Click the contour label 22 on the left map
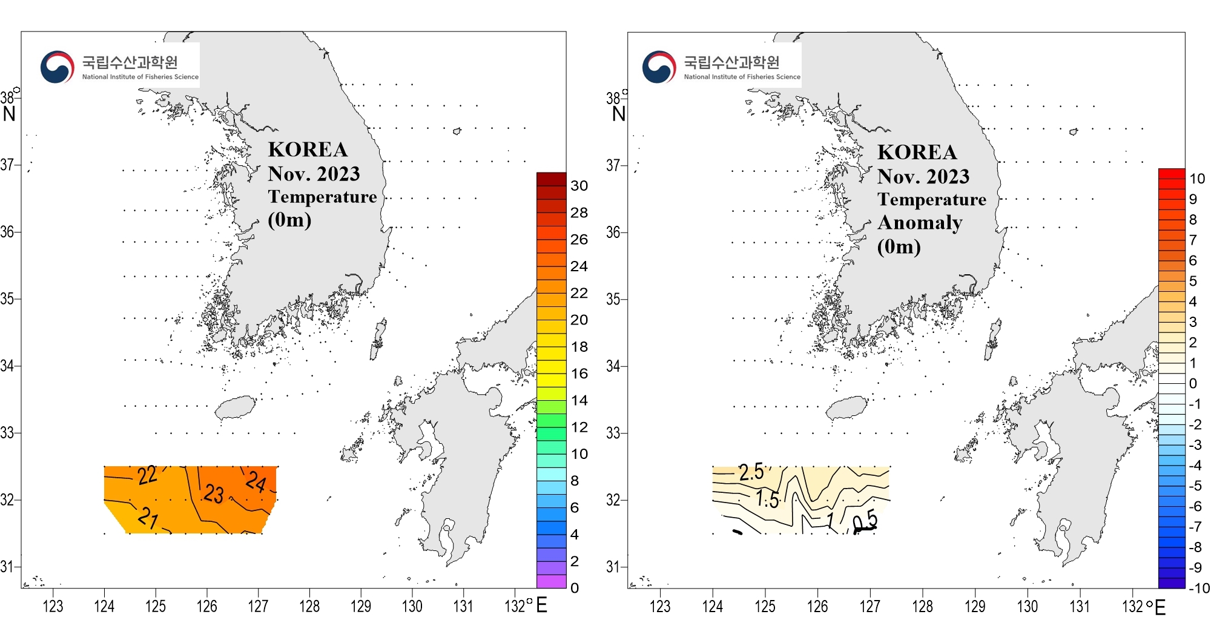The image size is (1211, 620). [x=147, y=475]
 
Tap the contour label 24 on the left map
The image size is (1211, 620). [x=256, y=482]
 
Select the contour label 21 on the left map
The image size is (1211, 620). [x=148, y=518]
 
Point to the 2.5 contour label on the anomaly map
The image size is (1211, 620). [x=751, y=472]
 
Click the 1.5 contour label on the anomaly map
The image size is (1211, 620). [x=767, y=500]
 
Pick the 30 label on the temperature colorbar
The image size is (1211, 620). [x=579, y=186]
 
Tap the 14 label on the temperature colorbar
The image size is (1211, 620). [x=579, y=400]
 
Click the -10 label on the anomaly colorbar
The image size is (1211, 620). [x=1198, y=588]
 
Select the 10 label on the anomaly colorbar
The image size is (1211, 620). [x=1197, y=179]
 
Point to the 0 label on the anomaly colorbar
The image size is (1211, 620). [x=1193, y=383]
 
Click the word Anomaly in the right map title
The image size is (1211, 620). [x=920, y=223]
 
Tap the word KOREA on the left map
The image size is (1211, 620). [x=308, y=150]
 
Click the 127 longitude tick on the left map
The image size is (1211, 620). [x=258, y=606]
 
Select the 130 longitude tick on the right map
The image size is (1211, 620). [x=1027, y=606]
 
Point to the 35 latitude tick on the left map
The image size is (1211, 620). [x=7, y=298]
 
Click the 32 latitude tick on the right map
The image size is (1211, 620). [x=613, y=500]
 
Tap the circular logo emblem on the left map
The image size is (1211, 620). [x=57, y=67]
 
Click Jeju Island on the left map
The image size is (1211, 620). [x=236, y=407]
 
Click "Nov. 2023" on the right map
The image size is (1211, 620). [x=923, y=176]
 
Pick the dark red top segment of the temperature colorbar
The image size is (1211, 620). [x=551, y=179]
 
